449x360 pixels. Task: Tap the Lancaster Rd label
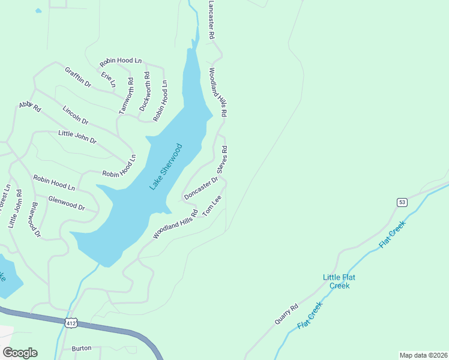211,20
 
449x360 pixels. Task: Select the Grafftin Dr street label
78,77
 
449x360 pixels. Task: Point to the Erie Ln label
108,80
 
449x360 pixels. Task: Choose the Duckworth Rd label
145,91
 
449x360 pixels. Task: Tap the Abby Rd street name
29,107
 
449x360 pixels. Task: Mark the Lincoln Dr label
76,116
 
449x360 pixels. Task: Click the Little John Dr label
77,137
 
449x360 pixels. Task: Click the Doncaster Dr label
200,188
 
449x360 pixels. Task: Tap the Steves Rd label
221,160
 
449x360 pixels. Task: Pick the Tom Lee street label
212,206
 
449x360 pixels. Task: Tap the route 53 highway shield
402,202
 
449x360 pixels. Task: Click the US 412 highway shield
71,323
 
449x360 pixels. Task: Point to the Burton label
82,348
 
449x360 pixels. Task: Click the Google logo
20,352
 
